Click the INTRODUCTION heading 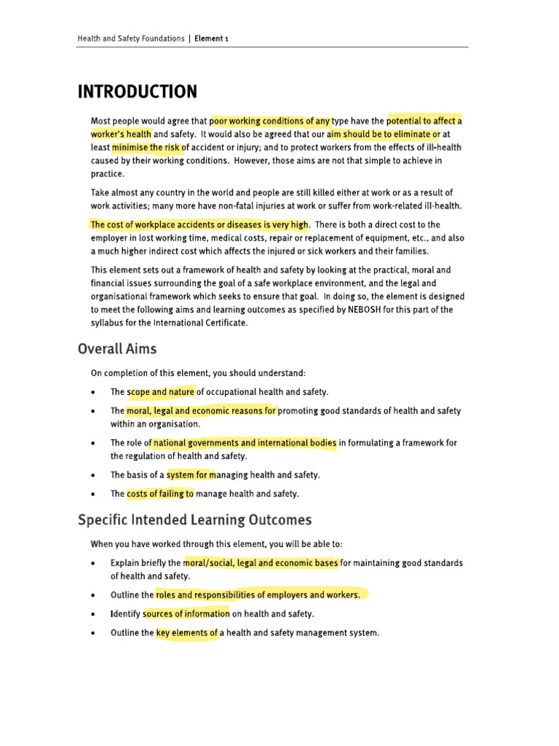[137, 93]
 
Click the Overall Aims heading [116, 349]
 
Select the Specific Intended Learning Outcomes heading [194, 520]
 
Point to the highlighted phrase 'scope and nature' [162, 392]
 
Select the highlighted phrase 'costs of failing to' [160, 494]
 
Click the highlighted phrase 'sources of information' [187, 614]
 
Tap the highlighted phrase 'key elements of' [187, 633]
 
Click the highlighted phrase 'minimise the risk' [146, 147]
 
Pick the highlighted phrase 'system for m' [192, 475]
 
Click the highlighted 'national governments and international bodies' [245, 443]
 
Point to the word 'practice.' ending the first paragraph [107, 173]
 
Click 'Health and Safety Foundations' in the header [131, 39]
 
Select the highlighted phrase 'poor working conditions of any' [270, 121]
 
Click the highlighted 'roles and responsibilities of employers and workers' [258, 595]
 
